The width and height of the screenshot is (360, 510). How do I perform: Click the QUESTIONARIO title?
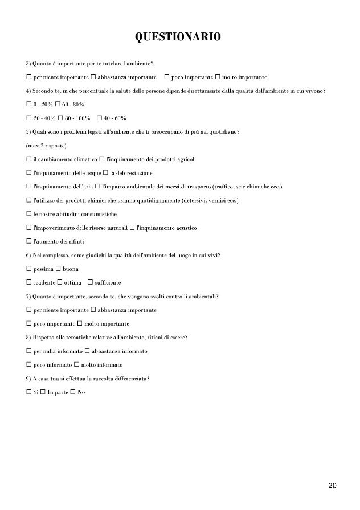(177, 37)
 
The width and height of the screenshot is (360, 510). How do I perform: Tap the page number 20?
(333, 485)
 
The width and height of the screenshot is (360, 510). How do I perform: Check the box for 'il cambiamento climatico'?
(28, 159)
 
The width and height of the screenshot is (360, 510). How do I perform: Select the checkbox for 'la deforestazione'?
(105, 173)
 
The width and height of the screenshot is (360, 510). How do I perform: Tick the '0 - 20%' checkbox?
(28, 105)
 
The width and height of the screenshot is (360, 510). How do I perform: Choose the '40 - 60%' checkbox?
(100, 118)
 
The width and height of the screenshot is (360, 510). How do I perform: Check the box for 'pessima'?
(28, 269)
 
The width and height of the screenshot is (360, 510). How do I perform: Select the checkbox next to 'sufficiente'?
(89, 282)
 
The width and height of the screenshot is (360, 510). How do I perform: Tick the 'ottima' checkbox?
(59, 282)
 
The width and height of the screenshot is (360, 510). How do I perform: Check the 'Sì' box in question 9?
(28, 392)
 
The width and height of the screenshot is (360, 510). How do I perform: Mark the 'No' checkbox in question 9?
(72, 392)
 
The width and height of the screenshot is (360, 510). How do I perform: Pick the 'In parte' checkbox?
(43, 392)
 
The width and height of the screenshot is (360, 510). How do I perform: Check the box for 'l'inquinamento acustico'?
(132, 228)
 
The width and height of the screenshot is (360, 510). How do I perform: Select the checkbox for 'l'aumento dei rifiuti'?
(28, 241)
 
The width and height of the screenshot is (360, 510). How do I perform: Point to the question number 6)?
(28, 255)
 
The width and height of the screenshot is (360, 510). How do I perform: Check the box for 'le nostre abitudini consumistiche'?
(28, 214)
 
